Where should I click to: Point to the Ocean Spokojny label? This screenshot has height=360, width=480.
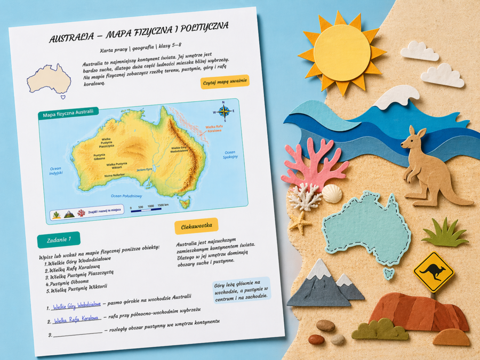click(x=230, y=155)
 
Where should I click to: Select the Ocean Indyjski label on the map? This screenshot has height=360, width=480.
click(x=55, y=171)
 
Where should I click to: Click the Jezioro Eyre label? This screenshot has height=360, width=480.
click(x=145, y=169)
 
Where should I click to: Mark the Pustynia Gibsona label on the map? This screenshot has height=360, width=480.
click(x=99, y=157)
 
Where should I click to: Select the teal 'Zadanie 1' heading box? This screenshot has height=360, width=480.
click(x=58, y=239)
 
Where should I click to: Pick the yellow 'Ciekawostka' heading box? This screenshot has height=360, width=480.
click(x=196, y=225)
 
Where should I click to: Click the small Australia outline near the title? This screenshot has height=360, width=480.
click(x=49, y=80)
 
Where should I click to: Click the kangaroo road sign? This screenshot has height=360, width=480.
click(x=433, y=271)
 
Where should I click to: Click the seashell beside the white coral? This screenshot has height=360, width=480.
click(x=332, y=193)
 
